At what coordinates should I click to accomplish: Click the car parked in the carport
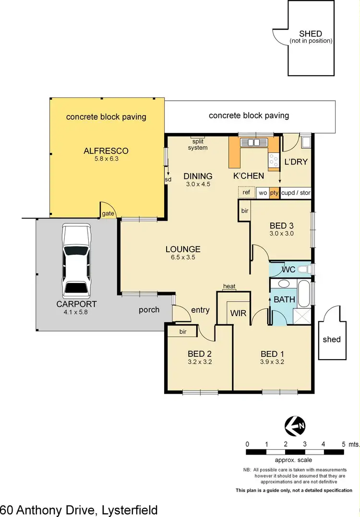point(76,262)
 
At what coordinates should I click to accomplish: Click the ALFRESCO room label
point(106,151)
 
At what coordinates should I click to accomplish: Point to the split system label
point(197,144)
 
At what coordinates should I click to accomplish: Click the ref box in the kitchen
point(247,192)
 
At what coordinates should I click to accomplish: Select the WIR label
point(238,313)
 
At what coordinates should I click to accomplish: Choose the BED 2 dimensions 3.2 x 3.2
point(200,362)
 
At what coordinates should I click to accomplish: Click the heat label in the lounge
point(229,286)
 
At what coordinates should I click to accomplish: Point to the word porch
point(149,310)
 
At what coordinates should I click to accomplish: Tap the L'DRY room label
point(296,162)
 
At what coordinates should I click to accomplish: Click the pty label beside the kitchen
point(274,192)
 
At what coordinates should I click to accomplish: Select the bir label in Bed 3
point(245,211)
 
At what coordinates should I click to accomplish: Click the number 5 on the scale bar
point(344,444)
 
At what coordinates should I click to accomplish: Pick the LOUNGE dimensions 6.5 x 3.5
point(183,257)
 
